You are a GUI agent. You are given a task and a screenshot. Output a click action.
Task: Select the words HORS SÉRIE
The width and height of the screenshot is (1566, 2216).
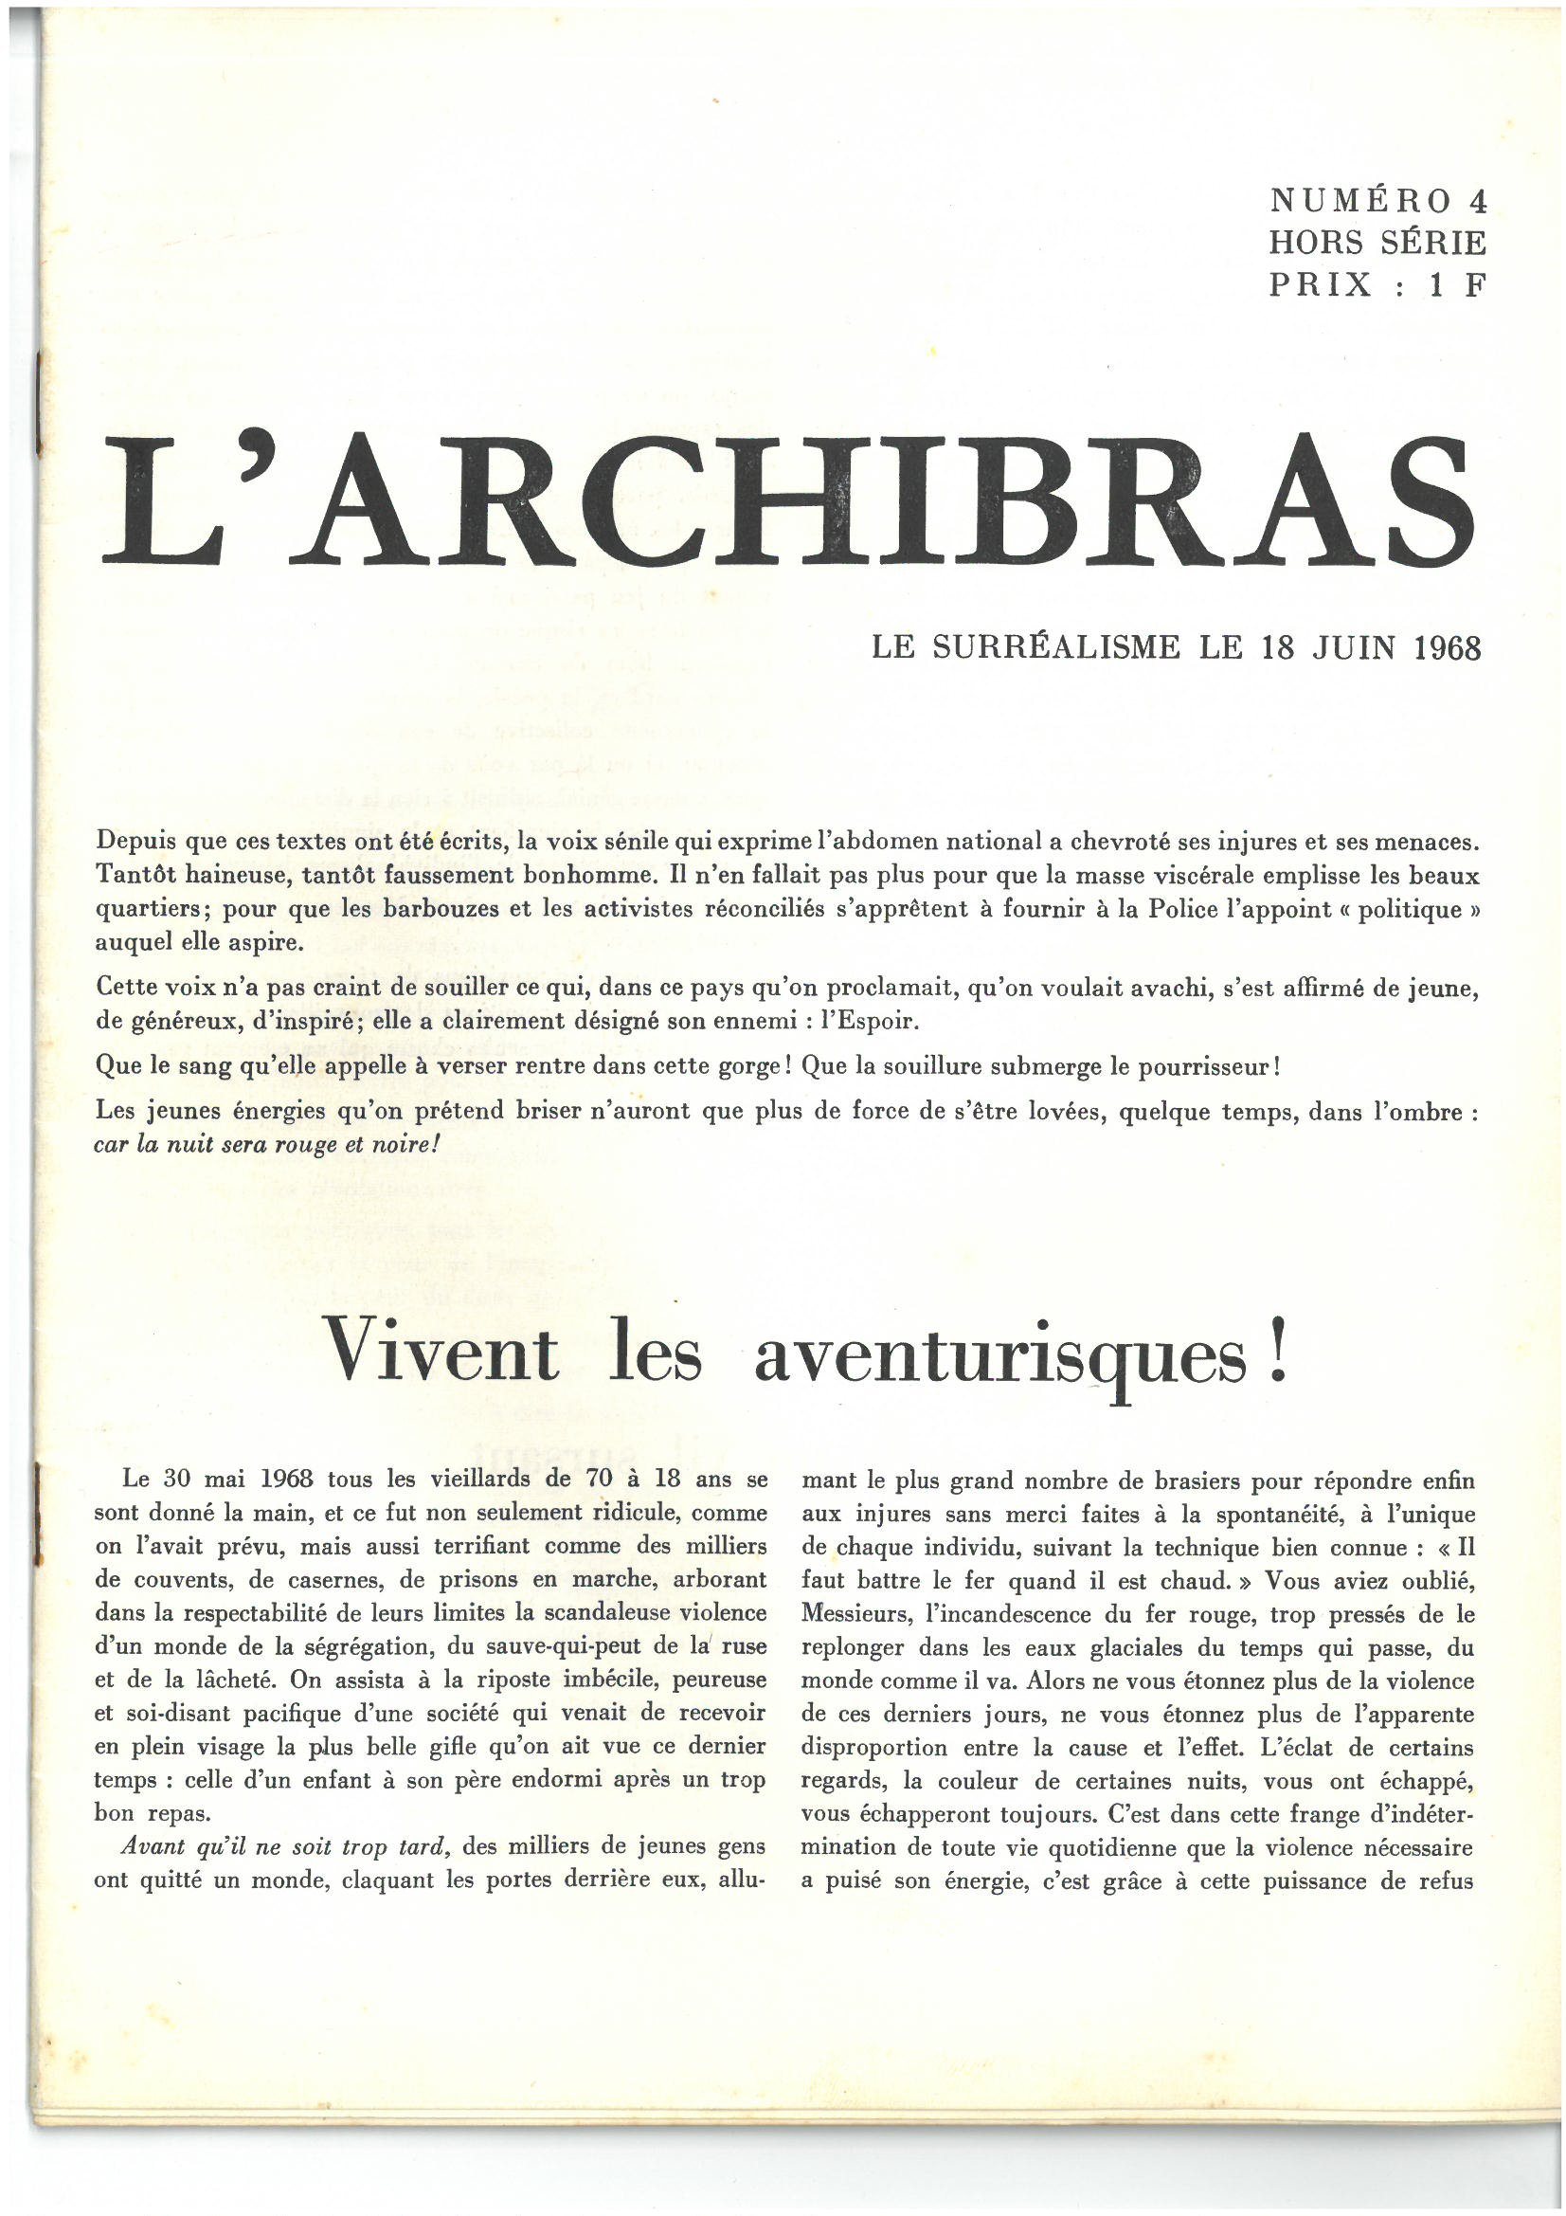pyautogui.click(x=1377, y=243)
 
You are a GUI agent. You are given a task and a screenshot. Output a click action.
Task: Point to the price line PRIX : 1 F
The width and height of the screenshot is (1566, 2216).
pyautogui.click(x=1377, y=284)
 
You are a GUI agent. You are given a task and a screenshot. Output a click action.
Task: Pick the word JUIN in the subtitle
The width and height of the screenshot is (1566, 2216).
pyautogui.click(x=1354, y=647)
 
